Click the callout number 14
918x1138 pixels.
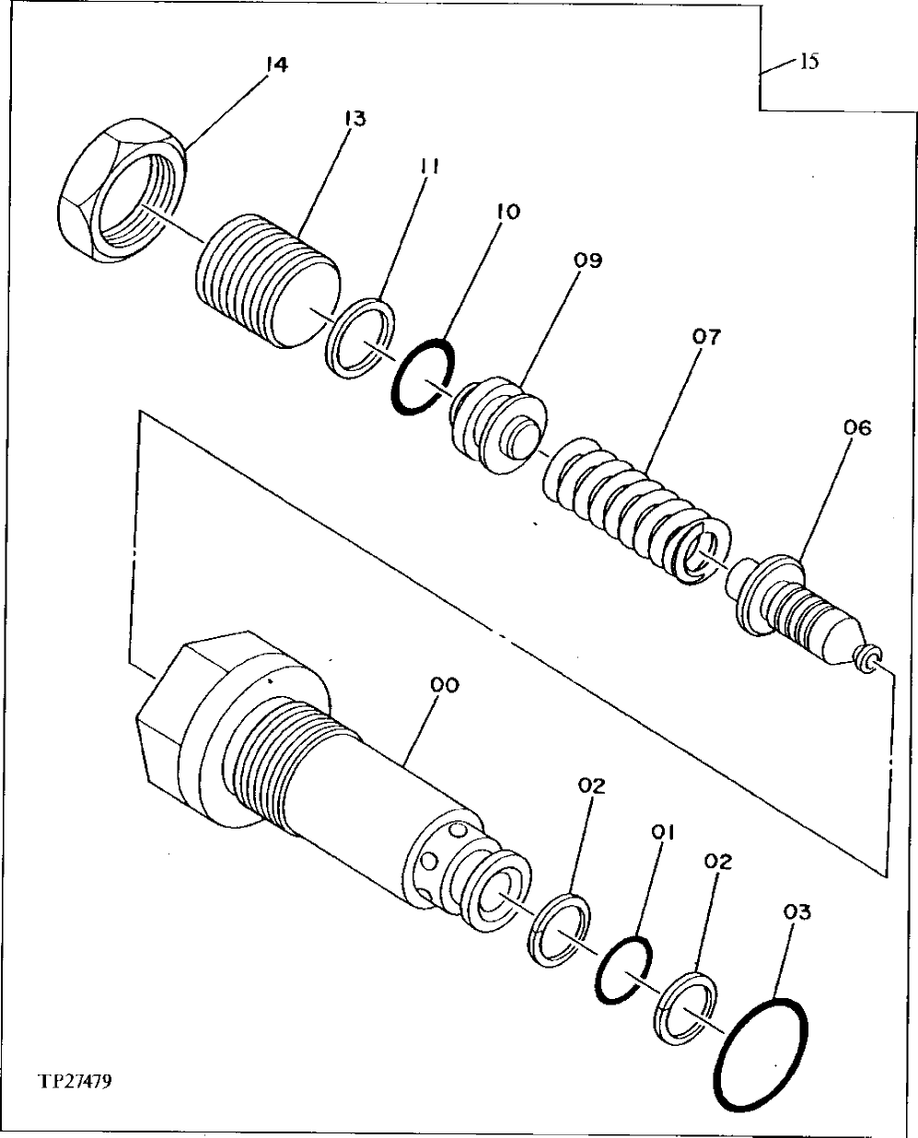pyautogui.click(x=276, y=64)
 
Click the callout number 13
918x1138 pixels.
pyautogui.click(x=354, y=119)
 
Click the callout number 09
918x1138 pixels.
pyautogui.click(x=587, y=261)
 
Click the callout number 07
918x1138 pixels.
pyautogui.click(x=707, y=336)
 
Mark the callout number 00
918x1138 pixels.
pyautogui.click(x=446, y=685)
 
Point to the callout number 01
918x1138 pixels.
pyautogui.click(x=663, y=831)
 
